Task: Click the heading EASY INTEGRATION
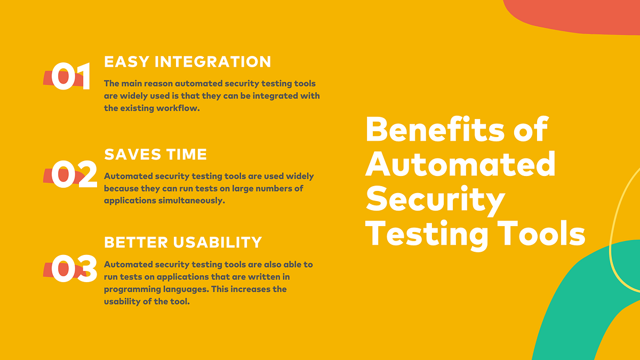187,62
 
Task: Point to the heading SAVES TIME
155,155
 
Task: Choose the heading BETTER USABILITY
183,242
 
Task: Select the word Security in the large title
435,199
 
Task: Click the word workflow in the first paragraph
180,108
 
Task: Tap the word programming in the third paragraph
128,289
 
